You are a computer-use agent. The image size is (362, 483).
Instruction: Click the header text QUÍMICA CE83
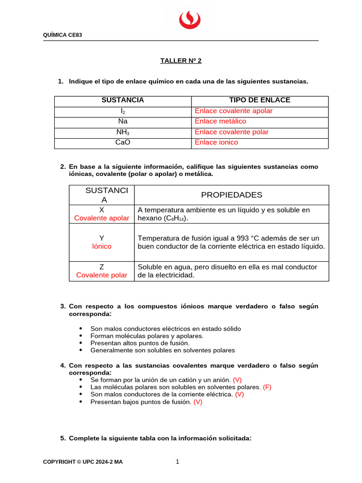63,35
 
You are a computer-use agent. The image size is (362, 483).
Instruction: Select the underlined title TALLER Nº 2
181,61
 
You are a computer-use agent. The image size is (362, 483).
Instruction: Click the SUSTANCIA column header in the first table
123,100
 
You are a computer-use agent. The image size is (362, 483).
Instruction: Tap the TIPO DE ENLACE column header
259,100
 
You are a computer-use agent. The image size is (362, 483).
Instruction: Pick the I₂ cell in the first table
123,111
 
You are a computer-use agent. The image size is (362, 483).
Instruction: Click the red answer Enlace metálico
221,122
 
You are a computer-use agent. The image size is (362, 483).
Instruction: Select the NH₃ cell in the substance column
123,132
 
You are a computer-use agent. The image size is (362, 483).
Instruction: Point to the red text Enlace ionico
216,142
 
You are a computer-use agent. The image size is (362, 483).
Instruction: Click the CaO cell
123,142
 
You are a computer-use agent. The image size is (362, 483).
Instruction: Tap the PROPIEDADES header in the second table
231,195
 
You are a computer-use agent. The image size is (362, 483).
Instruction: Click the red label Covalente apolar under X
102,218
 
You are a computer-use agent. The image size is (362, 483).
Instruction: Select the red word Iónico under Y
102,247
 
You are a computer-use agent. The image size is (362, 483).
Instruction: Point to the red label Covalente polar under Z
102,275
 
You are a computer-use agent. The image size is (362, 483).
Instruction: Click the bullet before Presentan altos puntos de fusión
81,343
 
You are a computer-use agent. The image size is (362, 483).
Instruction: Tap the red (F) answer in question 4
267,387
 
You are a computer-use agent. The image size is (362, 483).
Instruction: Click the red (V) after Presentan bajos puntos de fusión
198,402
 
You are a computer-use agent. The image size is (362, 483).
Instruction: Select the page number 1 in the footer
177,462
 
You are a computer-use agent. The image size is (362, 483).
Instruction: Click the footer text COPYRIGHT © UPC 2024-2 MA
82,462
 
